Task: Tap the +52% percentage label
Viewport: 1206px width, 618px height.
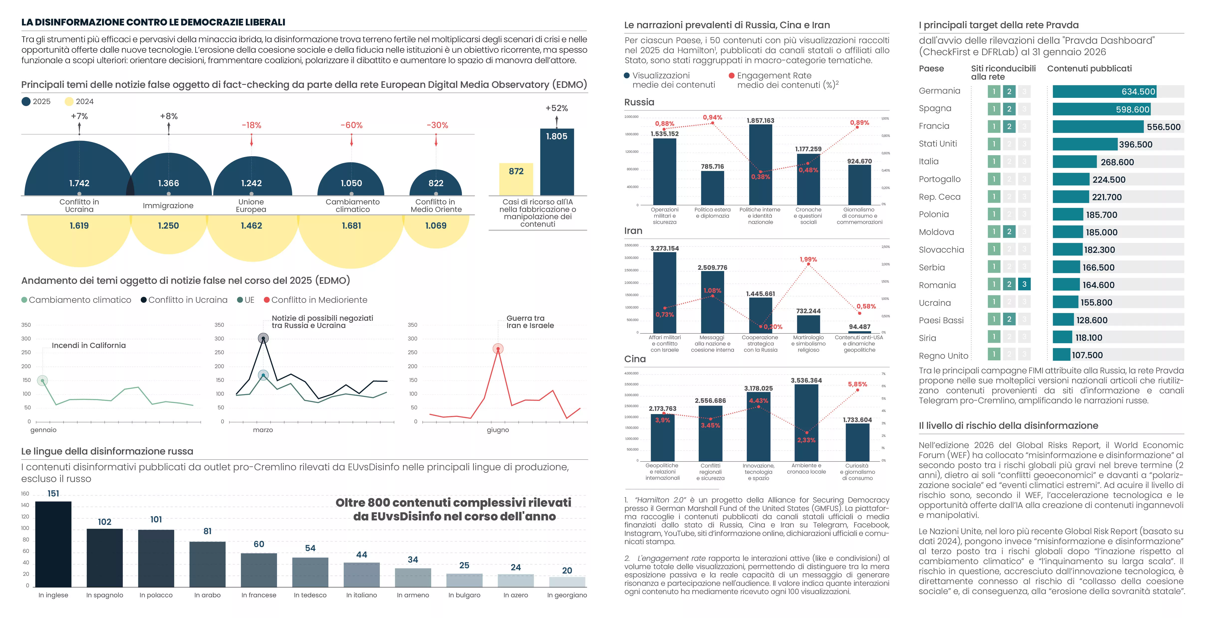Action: (557, 108)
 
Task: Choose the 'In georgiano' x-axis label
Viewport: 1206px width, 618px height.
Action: (567, 595)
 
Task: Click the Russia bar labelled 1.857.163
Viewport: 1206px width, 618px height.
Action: (760, 164)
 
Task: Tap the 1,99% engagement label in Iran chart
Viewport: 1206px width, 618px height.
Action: (808, 259)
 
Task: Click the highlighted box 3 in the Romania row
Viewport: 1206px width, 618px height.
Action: (1024, 284)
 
